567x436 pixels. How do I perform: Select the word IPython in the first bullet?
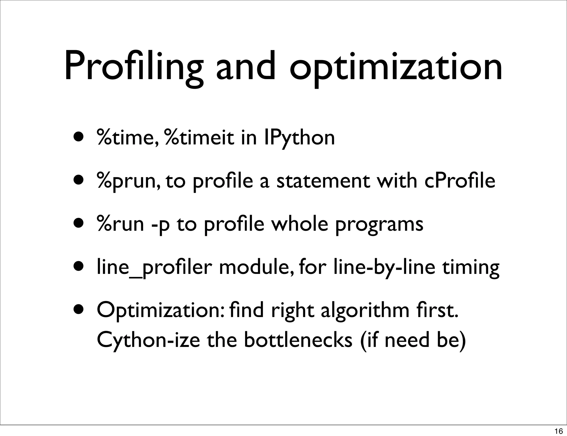pos(299,137)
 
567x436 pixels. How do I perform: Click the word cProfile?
pos(460,181)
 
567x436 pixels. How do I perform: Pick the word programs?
pos(379,224)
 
